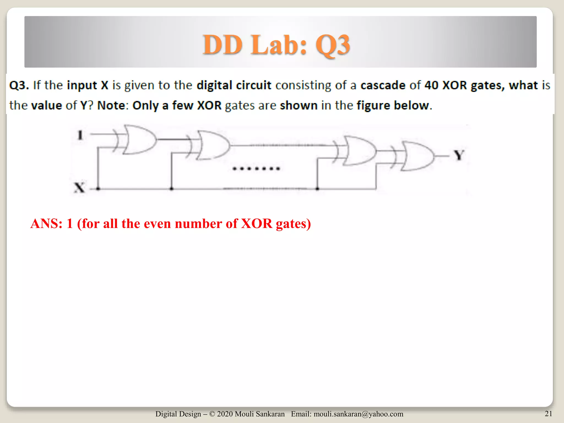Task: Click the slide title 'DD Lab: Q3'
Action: click(x=276, y=45)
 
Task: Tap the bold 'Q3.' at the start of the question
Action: click(x=19, y=85)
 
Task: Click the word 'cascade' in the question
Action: click(x=383, y=85)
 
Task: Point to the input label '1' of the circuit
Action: click(x=80, y=135)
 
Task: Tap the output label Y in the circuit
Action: click(x=459, y=155)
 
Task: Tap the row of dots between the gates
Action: click(x=256, y=169)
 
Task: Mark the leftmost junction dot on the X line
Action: click(x=98, y=189)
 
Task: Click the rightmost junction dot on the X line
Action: click(x=317, y=189)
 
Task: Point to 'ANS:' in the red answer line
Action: click(x=46, y=223)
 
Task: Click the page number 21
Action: click(x=548, y=413)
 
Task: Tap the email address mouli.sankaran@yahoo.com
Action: click(x=358, y=414)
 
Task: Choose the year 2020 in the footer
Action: click(x=224, y=414)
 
